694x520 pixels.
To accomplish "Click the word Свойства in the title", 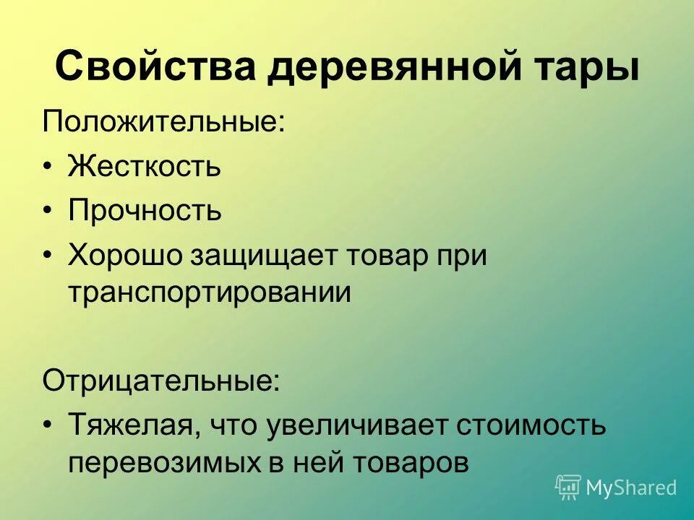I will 156,67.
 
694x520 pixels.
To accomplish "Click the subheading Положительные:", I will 163,121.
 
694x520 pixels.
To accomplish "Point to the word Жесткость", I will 145,167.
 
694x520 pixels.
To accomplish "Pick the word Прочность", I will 145,211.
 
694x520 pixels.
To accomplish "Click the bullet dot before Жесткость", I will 48,168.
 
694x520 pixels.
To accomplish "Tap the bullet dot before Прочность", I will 48,212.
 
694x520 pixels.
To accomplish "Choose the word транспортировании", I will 210,292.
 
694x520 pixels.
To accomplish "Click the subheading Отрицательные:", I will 160,380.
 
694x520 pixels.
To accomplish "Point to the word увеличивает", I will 358,426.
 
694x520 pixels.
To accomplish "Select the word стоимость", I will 531,426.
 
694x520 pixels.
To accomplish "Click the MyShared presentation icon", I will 568,487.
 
